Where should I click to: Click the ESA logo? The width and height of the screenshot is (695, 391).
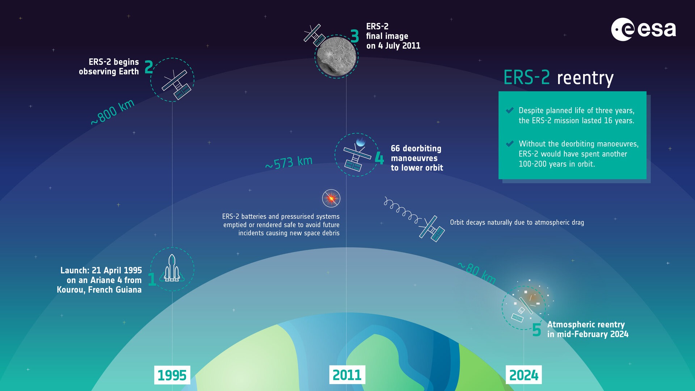pos(643,29)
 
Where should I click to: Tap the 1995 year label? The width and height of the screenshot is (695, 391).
pos(172,375)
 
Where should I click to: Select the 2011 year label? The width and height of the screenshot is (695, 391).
pos(347,375)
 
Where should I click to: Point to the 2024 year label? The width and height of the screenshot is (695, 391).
pos(523,375)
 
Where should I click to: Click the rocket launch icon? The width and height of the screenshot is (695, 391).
pos(172,269)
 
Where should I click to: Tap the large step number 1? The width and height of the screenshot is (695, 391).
pos(152,279)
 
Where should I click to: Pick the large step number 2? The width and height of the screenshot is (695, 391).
pos(148,67)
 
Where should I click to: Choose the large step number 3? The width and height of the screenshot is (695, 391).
pos(355,36)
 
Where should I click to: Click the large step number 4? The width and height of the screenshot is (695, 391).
pos(379,158)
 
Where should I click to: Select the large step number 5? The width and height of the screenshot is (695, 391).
pos(536,330)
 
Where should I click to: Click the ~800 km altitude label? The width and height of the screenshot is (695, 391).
pos(113,112)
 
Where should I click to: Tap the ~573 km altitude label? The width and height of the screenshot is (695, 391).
pos(288,163)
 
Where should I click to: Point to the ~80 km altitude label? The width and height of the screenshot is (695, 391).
pos(477,273)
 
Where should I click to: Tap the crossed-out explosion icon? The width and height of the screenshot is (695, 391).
pos(331,198)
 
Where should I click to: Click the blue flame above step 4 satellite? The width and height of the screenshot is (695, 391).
pos(361,142)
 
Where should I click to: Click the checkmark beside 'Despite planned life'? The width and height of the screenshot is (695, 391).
pos(510,110)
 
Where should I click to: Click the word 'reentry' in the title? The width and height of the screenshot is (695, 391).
pos(585,78)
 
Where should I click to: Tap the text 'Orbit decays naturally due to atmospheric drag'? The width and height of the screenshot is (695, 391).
pos(517,222)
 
